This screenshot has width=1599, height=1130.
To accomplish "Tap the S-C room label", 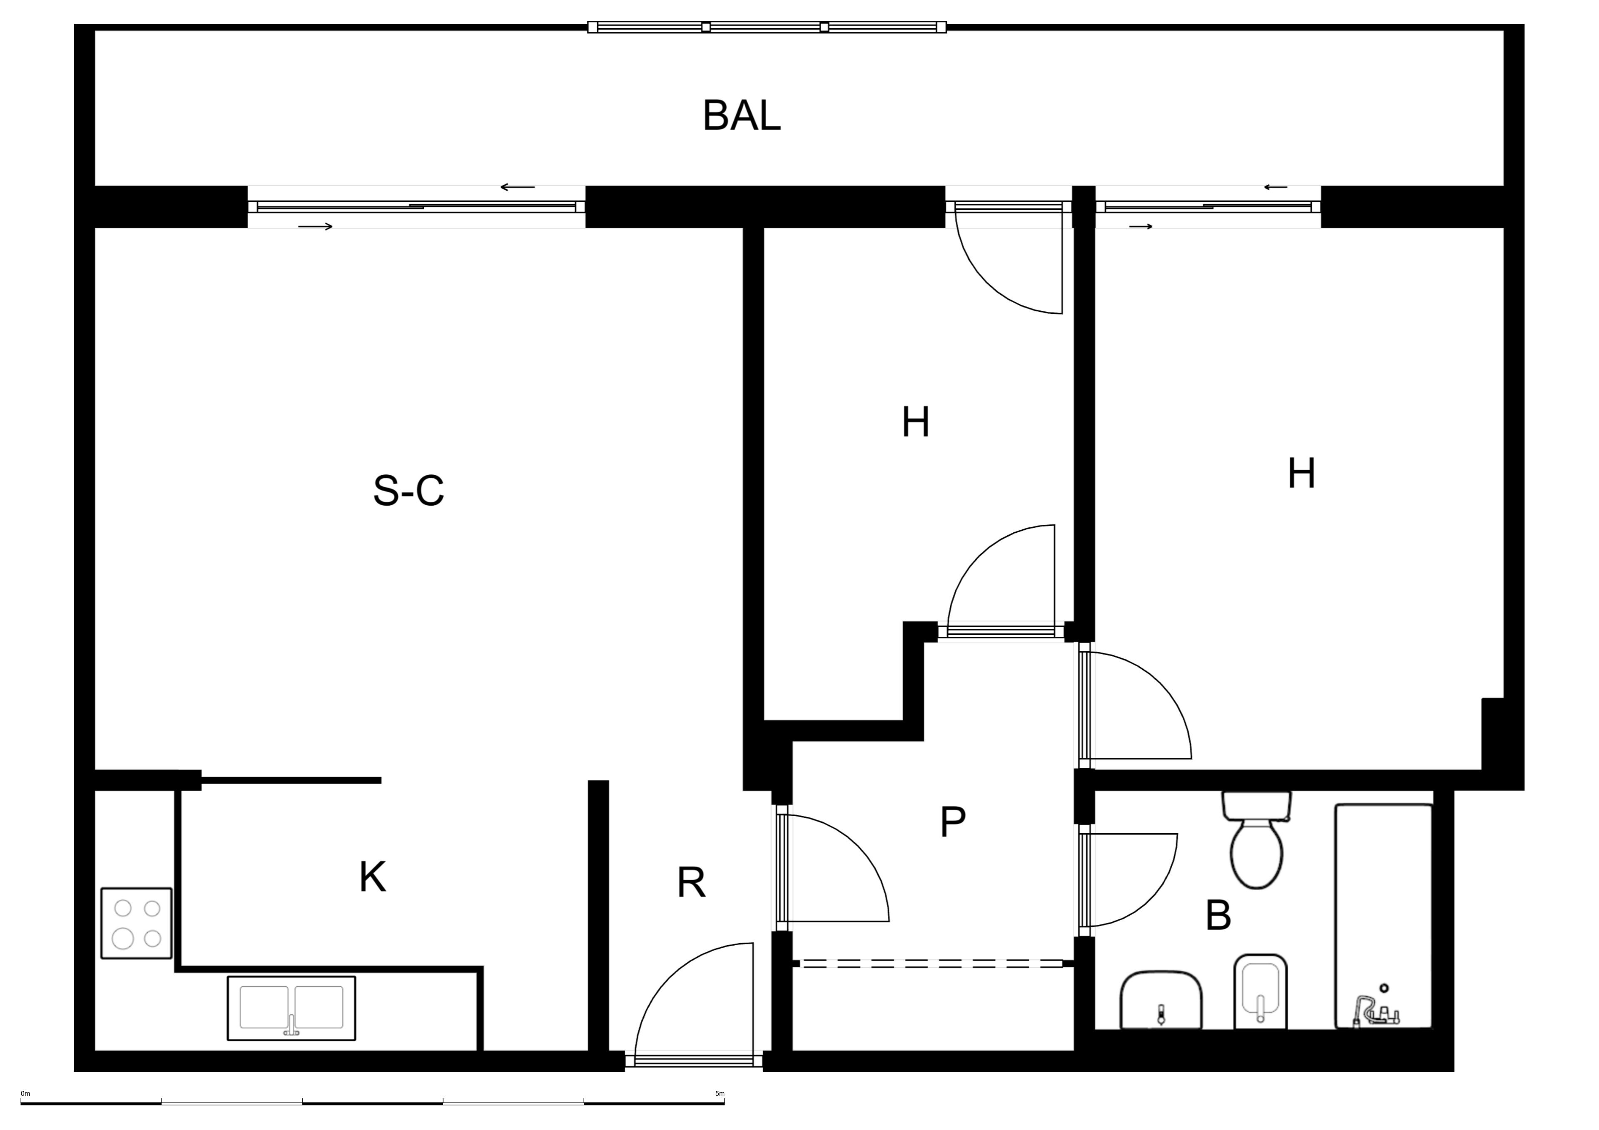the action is pyautogui.click(x=409, y=490).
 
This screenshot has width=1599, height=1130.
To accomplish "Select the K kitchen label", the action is pyautogui.click(x=373, y=877).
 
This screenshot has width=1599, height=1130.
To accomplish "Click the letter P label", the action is pyautogui.click(x=953, y=822).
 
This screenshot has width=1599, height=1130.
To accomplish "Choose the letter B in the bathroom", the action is pyautogui.click(x=1218, y=916).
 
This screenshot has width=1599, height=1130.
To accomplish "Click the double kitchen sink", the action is pyautogui.click(x=291, y=1008).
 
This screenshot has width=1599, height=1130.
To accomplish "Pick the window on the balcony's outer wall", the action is pyautogui.click(x=767, y=27).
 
